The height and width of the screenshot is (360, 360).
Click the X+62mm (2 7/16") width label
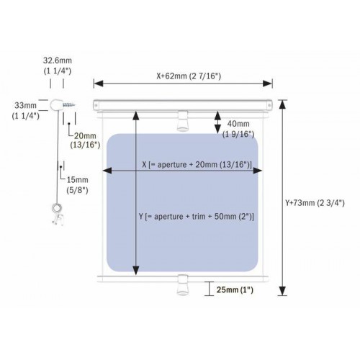[x=189, y=76]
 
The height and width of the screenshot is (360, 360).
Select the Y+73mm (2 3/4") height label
[x=315, y=203]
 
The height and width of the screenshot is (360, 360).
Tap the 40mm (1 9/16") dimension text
[x=238, y=129]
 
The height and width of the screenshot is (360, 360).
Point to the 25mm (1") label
[x=235, y=290]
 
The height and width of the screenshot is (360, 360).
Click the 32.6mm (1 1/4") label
[x=58, y=66]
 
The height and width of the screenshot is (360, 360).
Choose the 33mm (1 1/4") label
[x=26, y=110]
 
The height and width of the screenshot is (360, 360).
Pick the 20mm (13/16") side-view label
[x=85, y=140]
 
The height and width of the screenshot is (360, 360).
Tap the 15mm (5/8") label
[x=77, y=185]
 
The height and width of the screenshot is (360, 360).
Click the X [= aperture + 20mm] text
[x=197, y=165]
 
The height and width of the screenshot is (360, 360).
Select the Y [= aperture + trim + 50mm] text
[x=197, y=217]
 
